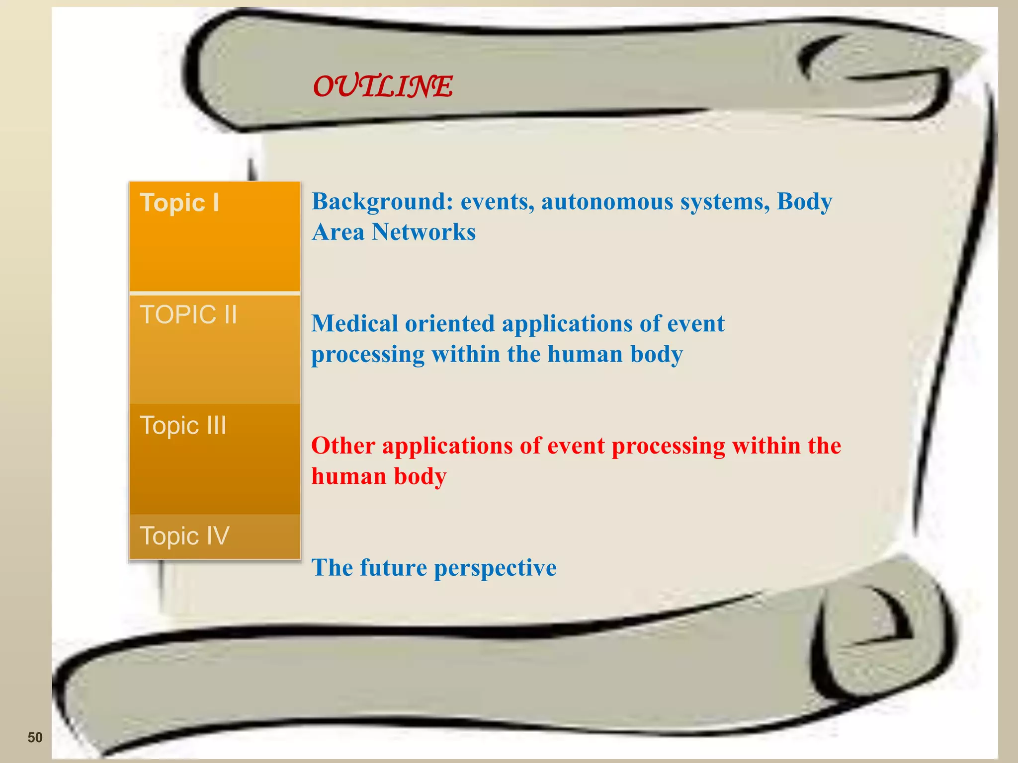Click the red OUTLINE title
[382, 86]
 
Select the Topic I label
[179, 203]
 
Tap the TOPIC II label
[188, 315]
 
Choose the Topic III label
[183, 426]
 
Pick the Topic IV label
[184, 536]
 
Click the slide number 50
[35, 737]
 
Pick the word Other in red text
[343, 446]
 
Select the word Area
[338, 232]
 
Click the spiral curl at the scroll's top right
[875, 75]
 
